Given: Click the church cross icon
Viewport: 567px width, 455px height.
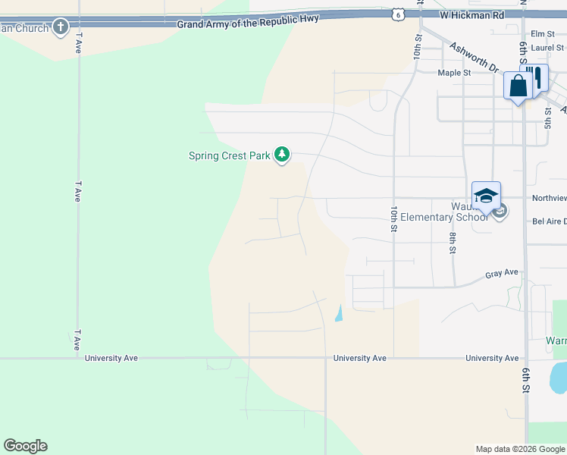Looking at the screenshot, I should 61,28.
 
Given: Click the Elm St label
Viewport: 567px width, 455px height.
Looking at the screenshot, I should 543,34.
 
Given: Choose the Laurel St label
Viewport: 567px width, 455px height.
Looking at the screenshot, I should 547,47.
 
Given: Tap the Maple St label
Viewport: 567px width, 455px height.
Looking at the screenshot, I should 454,73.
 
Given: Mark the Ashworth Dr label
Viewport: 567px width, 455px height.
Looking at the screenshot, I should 474,57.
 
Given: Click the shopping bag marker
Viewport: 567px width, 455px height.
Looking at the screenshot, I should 518,86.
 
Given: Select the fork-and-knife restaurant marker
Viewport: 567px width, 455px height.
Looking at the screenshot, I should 537,78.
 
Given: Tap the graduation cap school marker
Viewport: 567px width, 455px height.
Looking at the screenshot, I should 485,196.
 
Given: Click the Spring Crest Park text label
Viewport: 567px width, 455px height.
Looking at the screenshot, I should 229,156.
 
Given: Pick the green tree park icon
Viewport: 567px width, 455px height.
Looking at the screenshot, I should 282,155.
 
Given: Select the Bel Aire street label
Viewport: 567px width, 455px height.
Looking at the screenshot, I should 549,221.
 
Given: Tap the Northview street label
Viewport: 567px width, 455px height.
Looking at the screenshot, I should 549,198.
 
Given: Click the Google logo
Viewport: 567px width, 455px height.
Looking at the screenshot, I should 25,446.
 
